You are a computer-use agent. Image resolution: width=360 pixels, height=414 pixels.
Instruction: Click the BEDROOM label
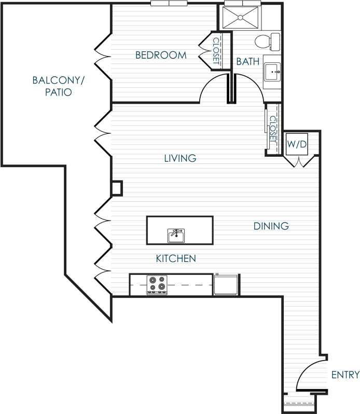tap(160, 55)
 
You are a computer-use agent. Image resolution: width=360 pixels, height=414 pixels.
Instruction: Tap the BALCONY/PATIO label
tap(58, 86)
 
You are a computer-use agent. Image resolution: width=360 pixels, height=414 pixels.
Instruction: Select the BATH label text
tap(247, 61)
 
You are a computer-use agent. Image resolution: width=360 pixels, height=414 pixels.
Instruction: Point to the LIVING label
tap(180, 158)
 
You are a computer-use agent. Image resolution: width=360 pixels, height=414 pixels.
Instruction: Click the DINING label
tap(271, 226)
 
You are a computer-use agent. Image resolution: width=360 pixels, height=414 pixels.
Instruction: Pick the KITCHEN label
tap(176, 258)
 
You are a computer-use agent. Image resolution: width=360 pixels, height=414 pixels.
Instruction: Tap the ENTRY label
tap(344, 375)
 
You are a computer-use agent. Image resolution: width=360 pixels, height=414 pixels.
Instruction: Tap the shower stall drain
tap(241, 17)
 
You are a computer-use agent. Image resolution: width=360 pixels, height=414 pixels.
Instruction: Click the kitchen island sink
tap(176, 236)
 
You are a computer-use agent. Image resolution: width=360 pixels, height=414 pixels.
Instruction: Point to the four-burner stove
tap(157, 284)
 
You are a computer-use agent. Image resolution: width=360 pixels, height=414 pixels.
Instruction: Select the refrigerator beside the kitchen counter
tap(226, 285)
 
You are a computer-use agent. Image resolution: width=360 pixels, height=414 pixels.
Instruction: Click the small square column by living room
tap(117, 188)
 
